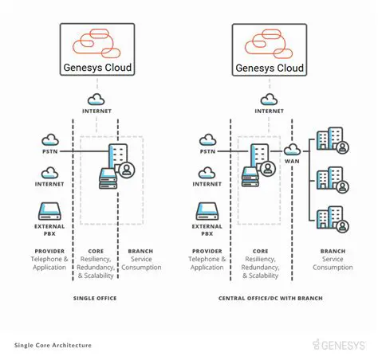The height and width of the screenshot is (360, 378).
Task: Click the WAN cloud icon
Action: (291, 149)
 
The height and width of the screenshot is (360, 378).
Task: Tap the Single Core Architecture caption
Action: (53, 346)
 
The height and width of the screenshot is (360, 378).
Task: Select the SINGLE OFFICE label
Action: (95, 298)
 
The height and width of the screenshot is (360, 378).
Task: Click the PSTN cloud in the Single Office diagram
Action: (50, 141)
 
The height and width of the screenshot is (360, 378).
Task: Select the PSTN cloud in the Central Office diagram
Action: (207, 141)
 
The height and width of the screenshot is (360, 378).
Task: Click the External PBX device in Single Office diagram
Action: (50, 212)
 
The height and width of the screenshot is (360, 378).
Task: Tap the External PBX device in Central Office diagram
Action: (207, 212)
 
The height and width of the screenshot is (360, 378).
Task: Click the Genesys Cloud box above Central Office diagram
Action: (269, 49)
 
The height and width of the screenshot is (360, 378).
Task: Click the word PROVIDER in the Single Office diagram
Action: (50, 251)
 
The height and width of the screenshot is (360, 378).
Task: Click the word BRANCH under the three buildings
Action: (333, 251)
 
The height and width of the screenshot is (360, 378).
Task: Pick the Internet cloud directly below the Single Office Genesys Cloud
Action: (96, 100)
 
